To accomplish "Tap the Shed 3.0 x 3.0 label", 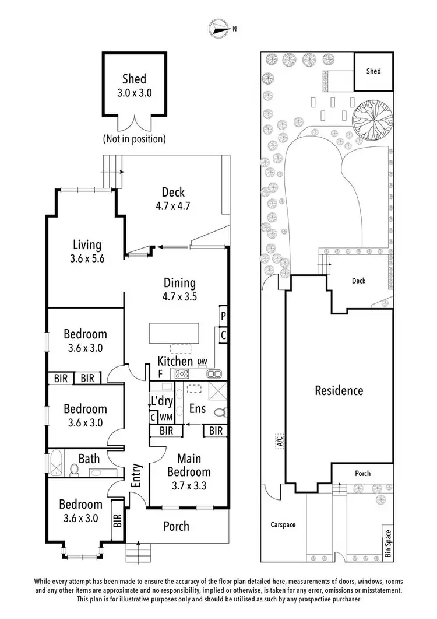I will click(134, 85).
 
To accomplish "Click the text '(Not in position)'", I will click(134, 139).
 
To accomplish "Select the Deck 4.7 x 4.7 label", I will click(173, 198).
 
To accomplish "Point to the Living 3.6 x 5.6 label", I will click(87, 252).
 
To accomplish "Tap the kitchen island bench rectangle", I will click(173, 333).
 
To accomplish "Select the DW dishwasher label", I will click(202, 362).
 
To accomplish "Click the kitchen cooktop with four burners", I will click(182, 374).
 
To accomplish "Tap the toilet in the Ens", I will click(219, 413).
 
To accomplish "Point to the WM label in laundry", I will click(165, 417).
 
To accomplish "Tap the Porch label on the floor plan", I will click(175, 526).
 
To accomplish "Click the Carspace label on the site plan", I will click(283, 524).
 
